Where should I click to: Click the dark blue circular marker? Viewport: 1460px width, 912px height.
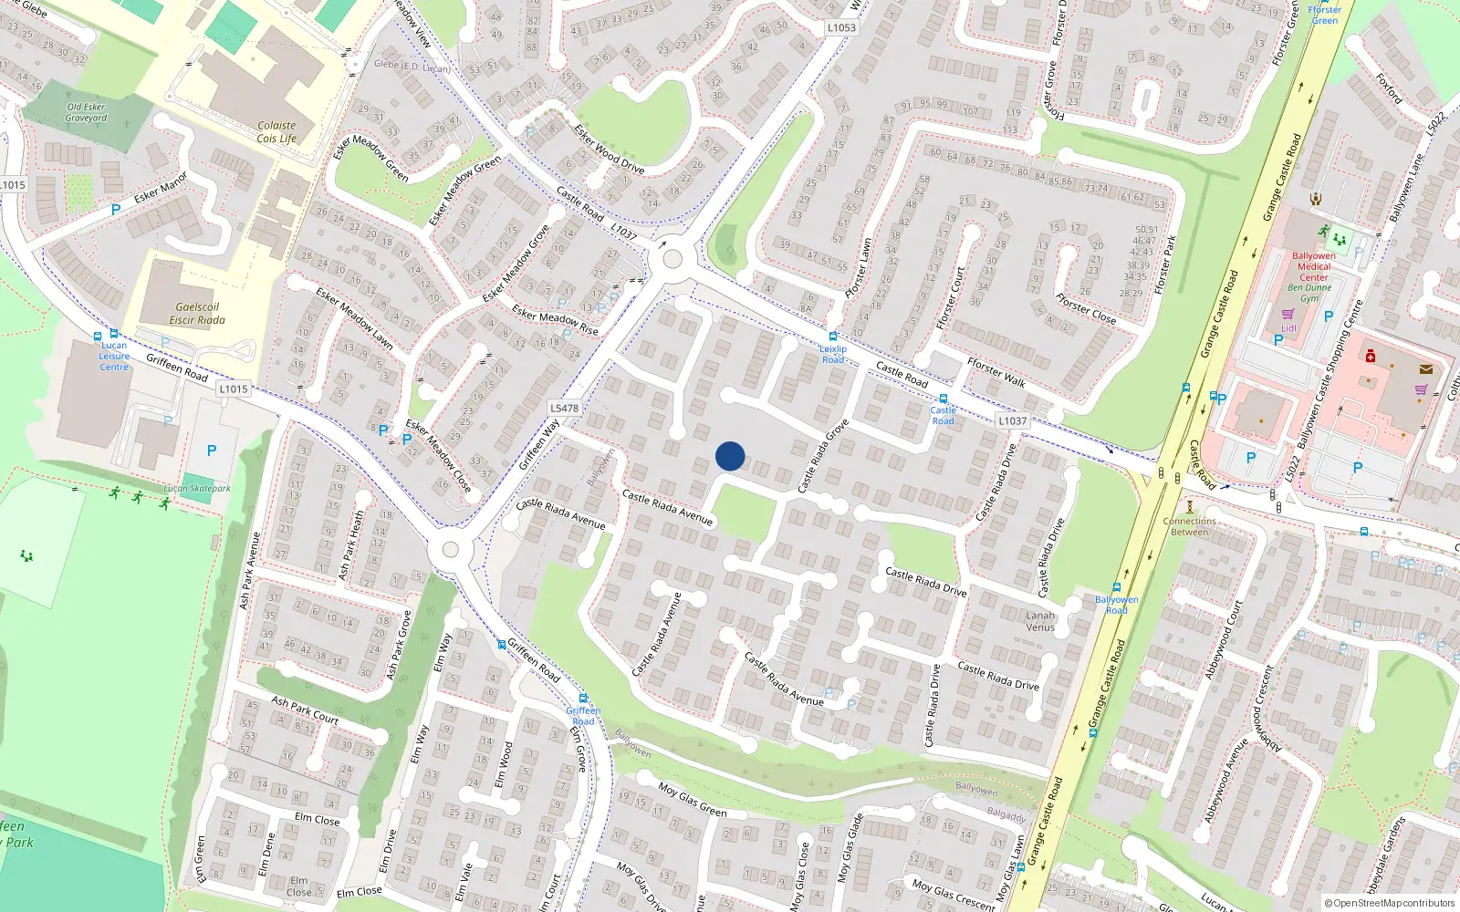click(x=730, y=456)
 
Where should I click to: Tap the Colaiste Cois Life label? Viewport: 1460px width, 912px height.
click(x=276, y=132)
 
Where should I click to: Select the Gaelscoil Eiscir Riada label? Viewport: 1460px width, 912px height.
click(x=197, y=314)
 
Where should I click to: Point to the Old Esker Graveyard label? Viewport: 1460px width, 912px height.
click(x=86, y=112)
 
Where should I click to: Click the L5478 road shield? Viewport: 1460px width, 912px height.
click(x=565, y=408)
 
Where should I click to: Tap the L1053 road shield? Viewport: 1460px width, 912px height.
click(x=841, y=27)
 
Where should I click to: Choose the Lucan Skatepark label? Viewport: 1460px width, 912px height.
click(x=197, y=489)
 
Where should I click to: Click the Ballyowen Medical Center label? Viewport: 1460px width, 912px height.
click(x=1314, y=266)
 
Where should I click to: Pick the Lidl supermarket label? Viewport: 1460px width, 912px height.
click(x=1288, y=328)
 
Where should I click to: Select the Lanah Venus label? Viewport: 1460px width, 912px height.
click(x=1040, y=621)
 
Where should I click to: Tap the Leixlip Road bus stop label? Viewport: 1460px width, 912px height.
click(x=833, y=354)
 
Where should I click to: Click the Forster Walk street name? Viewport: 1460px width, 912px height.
click(x=996, y=372)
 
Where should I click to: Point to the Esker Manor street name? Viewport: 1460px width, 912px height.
click(x=161, y=187)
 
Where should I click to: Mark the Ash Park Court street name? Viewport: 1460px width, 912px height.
click(x=305, y=710)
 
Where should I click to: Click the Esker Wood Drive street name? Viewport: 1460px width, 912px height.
click(x=609, y=149)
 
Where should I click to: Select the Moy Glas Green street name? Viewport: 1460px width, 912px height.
click(x=693, y=800)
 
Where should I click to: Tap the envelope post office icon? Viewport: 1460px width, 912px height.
click(x=1426, y=369)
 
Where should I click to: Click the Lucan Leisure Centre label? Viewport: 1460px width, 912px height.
click(x=114, y=356)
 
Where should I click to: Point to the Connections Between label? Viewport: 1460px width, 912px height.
click(x=1190, y=526)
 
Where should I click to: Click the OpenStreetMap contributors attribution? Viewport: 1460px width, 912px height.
click(x=1394, y=903)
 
